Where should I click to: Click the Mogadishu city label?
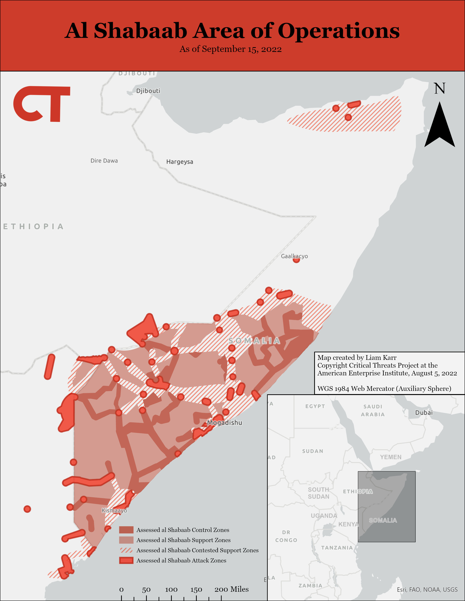coord(224,422)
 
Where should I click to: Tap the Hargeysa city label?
coord(180,162)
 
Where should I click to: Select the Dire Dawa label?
coord(104,161)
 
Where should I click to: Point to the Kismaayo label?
coord(114,510)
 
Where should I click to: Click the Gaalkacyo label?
coord(294,256)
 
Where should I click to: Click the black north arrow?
coord(439,125)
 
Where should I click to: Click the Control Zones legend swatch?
coord(126,530)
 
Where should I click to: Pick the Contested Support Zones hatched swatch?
coord(126,550)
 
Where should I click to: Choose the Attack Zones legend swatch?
coord(126,560)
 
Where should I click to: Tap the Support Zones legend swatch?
coord(126,540)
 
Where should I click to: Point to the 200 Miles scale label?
coord(231,589)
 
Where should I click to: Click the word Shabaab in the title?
coord(140,31)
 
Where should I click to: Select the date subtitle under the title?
coord(230,49)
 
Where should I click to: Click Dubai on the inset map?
coord(424,413)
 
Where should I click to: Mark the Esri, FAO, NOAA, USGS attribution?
coord(427,590)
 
